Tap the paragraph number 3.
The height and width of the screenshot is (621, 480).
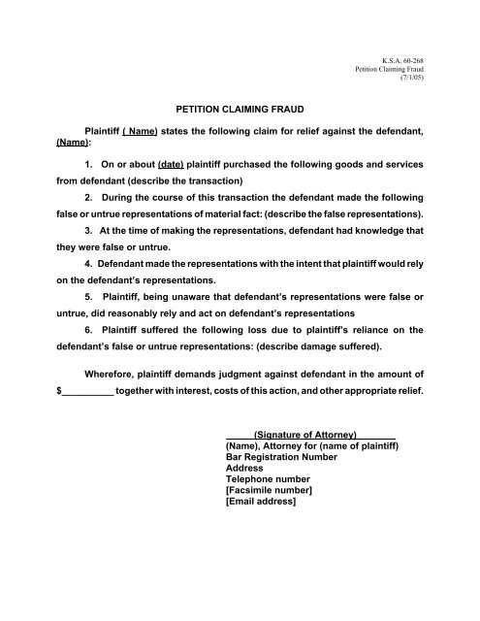(89, 232)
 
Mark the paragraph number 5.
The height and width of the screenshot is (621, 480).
(89, 300)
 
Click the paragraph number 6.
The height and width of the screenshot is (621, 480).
(89, 334)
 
